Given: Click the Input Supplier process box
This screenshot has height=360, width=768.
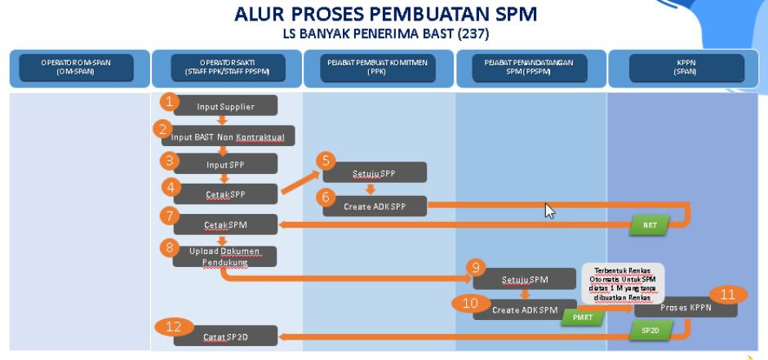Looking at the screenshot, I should coord(226,106).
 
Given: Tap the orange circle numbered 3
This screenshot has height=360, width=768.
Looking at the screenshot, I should coord(170,160).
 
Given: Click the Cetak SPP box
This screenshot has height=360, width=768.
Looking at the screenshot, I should coord(226,194).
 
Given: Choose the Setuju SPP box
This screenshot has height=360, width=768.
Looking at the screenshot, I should coord(375,173).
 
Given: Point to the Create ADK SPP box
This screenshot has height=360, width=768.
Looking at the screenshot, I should coord(375,206).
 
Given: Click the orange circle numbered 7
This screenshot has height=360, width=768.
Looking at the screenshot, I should coord(170,216).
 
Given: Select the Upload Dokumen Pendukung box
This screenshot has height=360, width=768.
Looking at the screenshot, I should coord(224,256).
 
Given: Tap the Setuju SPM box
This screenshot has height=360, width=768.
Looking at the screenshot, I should coord(525,279).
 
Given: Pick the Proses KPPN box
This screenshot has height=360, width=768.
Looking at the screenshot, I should coord(686,308).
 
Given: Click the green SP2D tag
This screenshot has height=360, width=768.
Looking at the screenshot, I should coord(650,330).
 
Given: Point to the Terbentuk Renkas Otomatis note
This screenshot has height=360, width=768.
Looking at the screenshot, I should coord(624,282).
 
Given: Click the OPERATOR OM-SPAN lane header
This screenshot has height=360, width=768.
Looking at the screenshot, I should coord(79,68).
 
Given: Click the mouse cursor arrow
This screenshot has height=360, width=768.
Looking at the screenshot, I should coord(549,211).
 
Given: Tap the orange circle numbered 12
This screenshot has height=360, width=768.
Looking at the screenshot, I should coord(173,328).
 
